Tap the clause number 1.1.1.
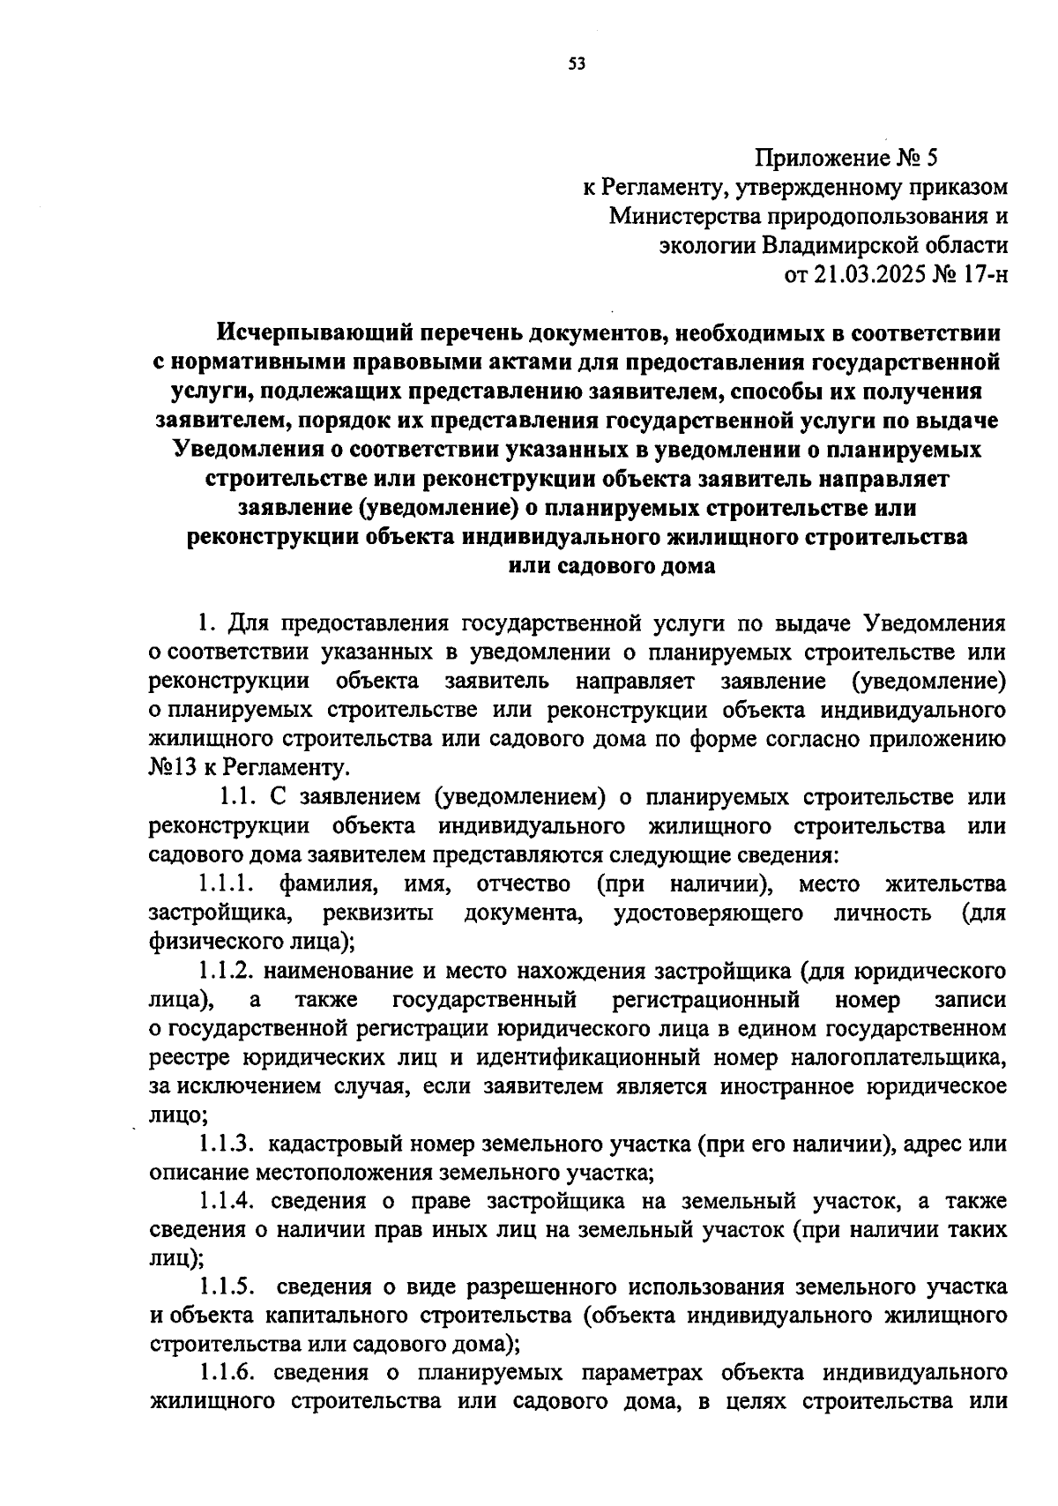[227, 883]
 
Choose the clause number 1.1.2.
[227, 971]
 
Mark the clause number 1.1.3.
[227, 1144]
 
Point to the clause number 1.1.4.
[227, 1201]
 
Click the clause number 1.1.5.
[227, 1287]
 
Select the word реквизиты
[377, 913]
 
